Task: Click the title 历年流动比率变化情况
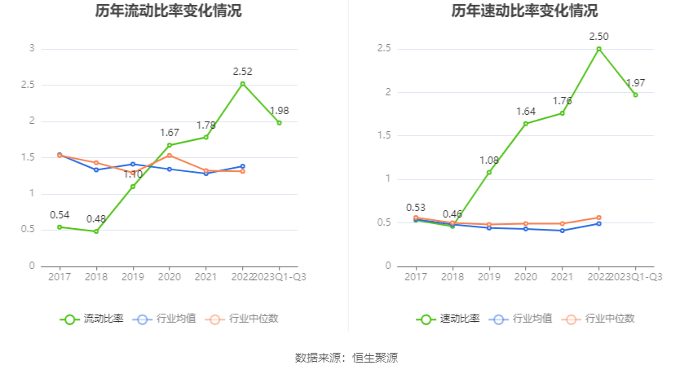pyautogui.click(x=168, y=11)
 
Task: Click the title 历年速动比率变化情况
pyautogui.click(x=524, y=11)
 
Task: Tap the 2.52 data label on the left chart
pyautogui.click(x=242, y=72)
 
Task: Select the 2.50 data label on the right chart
pyautogui.click(x=599, y=37)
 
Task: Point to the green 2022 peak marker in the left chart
pyautogui.click(x=242, y=84)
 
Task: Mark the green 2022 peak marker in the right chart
pyautogui.click(x=598, y=49)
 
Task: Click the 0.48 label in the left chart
pyautogui.click(x=96, y=219)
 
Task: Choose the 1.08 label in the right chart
pyautogui.click(x=488, y=160)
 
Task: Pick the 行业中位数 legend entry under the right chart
pyautogui.click(x=605, y=319)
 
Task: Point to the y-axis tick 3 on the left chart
pyautogui.click(x=32, y=48)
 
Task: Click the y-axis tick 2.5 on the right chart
pyautogui.click(x=384, y=48)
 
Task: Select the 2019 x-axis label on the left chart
pyautogui.click(x=133, y=277)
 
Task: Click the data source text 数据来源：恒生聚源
pyautogui.click(x=346, y=357)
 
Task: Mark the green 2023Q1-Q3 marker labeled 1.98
pyautogui.click(x=279, y=123)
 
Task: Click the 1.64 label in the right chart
pyautogui.click(x=526, y=112)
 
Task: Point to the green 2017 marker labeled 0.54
pyautogui.click(x=60, y=227)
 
